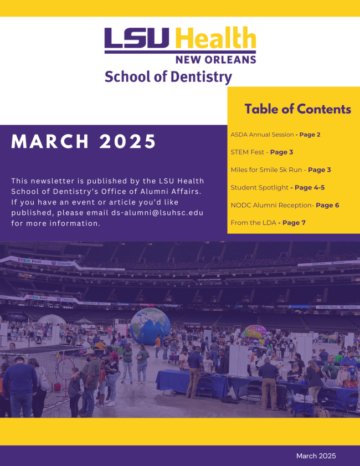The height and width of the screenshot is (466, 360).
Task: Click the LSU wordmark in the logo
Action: [x=137, y=38]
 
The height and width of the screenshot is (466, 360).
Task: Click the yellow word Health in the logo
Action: [x=215, y=37]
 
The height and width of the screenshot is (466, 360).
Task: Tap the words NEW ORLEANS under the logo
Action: [x=215, y=60]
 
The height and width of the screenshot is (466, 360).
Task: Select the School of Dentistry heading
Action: [x=168, y=77]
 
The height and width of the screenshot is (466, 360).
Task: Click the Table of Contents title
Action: [x=297, y=109]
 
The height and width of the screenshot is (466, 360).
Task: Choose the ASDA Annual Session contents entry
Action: [x=275, y=135]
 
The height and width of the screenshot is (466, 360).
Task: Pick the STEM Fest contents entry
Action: [x=261, y=152]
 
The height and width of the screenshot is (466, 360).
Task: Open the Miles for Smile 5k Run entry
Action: [x=281, y=170]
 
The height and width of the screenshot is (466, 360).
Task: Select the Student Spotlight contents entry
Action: [x=277, y=187]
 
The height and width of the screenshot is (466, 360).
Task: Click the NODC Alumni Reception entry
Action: [x=285, y=205]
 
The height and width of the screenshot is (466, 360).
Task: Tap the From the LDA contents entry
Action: [x=268, y=223]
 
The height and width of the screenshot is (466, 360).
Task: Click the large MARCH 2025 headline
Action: [x=84, y=141]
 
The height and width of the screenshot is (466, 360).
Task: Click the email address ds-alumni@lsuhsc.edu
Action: [x=157, y=213]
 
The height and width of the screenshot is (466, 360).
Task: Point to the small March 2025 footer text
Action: [x=316, y=456]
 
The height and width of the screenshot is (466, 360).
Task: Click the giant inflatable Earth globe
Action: [x=150, y=327]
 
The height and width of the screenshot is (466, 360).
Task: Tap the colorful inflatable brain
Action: [x=255, y=332]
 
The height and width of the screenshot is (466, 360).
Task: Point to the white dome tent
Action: [x=52, y=320]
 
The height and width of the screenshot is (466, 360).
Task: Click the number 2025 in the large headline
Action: [x=128, y=141]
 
